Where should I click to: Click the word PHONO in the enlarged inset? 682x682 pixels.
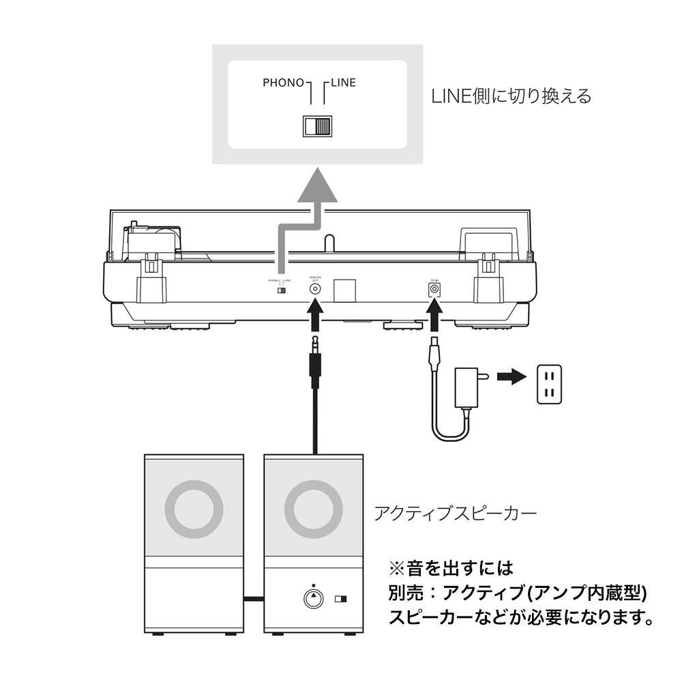click(283, 83)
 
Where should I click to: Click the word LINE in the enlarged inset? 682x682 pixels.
click(344, 83)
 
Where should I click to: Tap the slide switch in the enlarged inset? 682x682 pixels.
click(317, 127)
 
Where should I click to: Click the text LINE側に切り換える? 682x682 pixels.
click(511, 96)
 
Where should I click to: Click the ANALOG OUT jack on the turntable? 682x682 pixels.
click(315, 288)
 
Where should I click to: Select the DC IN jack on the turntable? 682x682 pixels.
click(433, 289)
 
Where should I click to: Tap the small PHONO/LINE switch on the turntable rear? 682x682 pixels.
click(280, 291)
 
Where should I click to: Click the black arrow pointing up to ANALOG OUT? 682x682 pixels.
click(315, 317)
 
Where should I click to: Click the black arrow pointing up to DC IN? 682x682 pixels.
click(433, 317)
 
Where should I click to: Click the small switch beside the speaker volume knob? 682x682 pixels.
click(341, 600)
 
